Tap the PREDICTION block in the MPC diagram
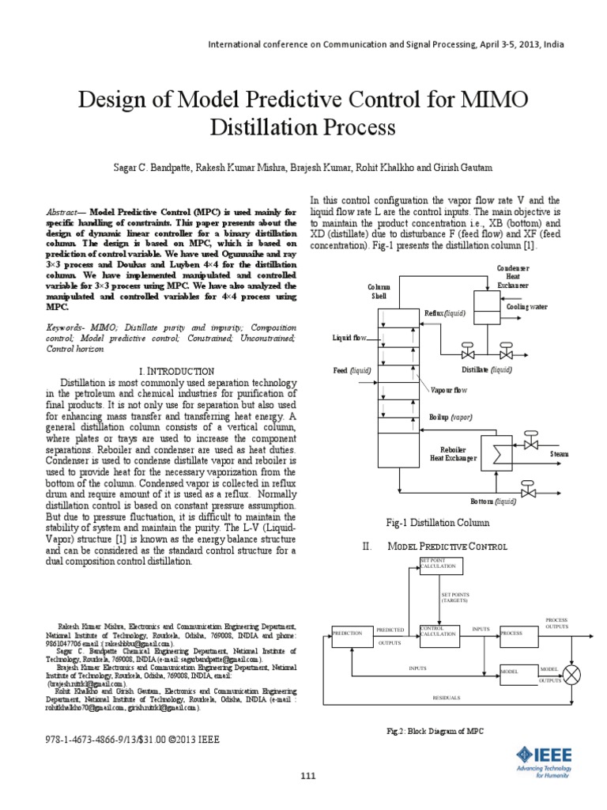tap(351, 634)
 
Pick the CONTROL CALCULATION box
tap(440, 634)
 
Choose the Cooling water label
tap(526, 305)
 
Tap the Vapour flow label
tap(450, 390)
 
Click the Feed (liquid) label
tap(352, 369)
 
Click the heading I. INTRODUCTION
tap(176, 371)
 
